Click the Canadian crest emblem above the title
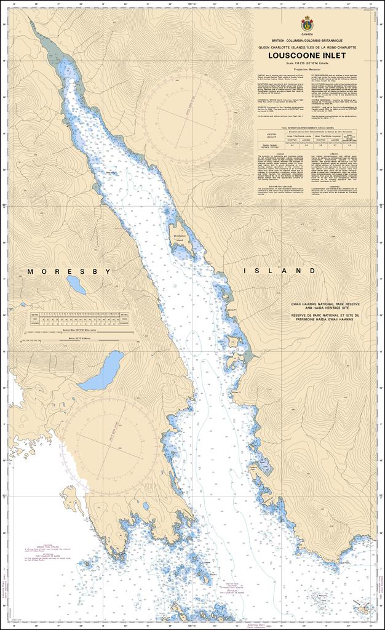(x=306, y=25)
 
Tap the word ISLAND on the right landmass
(x=279, y=271)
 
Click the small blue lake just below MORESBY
(x=76, y=284)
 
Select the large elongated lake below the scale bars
(x=102, y=371)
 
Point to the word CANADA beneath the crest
(x=306, y=35)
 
